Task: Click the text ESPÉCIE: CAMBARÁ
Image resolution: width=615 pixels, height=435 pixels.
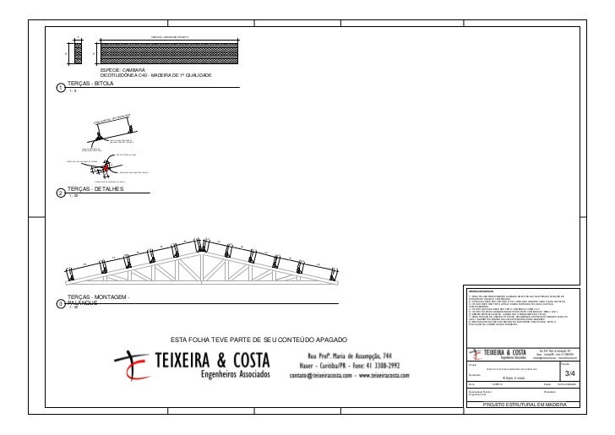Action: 123,71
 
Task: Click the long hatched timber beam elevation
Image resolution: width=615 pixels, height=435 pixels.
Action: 170,52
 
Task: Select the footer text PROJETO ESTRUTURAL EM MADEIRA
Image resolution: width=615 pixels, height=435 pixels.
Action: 524,405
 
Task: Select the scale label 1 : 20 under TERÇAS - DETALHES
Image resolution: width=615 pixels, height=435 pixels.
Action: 73,197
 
